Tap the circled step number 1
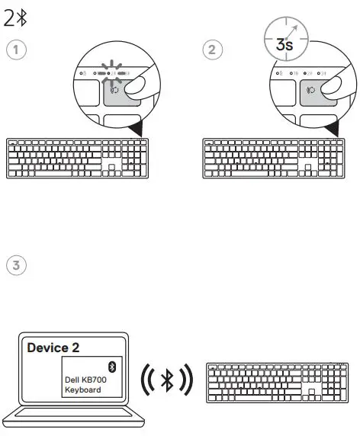14,50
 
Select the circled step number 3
14,266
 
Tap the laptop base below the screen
74,418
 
